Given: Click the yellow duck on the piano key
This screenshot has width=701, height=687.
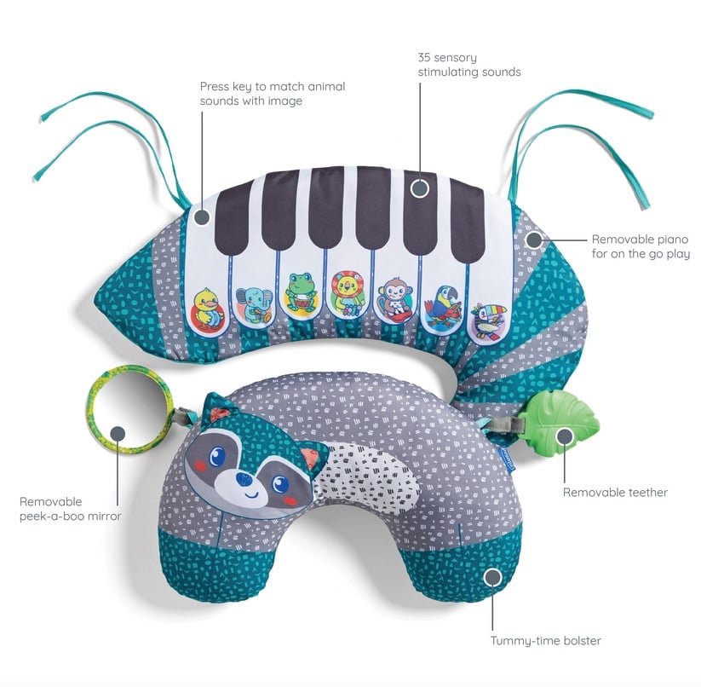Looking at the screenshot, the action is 207,309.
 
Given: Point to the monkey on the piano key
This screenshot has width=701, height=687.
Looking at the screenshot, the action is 394,300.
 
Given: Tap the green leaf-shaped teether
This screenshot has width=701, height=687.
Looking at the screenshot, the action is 562,415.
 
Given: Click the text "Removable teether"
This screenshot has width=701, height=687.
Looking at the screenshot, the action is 615,493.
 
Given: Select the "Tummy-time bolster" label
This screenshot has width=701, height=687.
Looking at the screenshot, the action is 545,641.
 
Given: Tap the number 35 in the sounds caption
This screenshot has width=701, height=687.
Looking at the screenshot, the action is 424,58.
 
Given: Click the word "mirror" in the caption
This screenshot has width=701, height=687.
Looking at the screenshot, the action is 104,517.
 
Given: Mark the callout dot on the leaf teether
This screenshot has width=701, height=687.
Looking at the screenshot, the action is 565,436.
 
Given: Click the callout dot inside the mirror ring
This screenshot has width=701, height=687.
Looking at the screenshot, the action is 118,433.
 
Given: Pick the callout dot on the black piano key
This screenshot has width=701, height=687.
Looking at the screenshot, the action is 419,188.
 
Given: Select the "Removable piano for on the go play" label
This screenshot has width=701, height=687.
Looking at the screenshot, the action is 641,246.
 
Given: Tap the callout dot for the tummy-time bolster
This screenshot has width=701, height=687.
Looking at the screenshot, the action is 492,577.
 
